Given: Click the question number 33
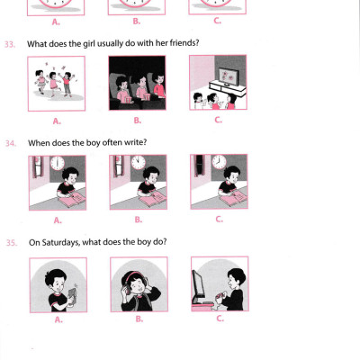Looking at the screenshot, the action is click(10, 44).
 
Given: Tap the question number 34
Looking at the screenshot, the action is click(11, 143).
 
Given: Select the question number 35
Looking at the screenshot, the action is click(12, 243).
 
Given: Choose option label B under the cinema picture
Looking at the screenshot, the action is click(137, 121).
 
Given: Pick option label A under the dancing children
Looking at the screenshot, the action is click(57, 121).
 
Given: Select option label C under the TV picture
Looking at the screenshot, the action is click(218, 120).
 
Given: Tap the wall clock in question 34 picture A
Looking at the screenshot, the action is click(57, 163).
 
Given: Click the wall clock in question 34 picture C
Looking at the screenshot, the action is click(220, 162).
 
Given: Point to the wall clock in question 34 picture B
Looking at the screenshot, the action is click(139, 163).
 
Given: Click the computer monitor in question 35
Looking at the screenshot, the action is click(198, 286).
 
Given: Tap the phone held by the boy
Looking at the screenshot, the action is click(72, 295).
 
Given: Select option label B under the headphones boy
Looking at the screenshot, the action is click(139, 319).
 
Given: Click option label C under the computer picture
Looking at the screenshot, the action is click(220, 319).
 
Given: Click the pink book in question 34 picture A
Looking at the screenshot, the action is click(72, 199).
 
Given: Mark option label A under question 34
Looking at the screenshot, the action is click(58, 220).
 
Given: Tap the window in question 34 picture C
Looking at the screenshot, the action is click(199, 166).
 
